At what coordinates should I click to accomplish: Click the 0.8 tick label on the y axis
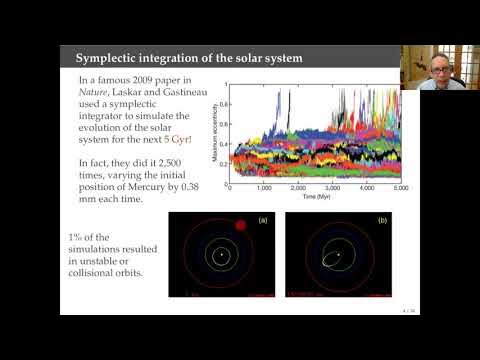tap(225, 104)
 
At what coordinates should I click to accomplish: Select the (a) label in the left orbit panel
tap(262, 219)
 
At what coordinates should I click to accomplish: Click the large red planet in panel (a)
tap(239, 225)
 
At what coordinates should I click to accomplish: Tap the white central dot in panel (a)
tap(220, 256)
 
